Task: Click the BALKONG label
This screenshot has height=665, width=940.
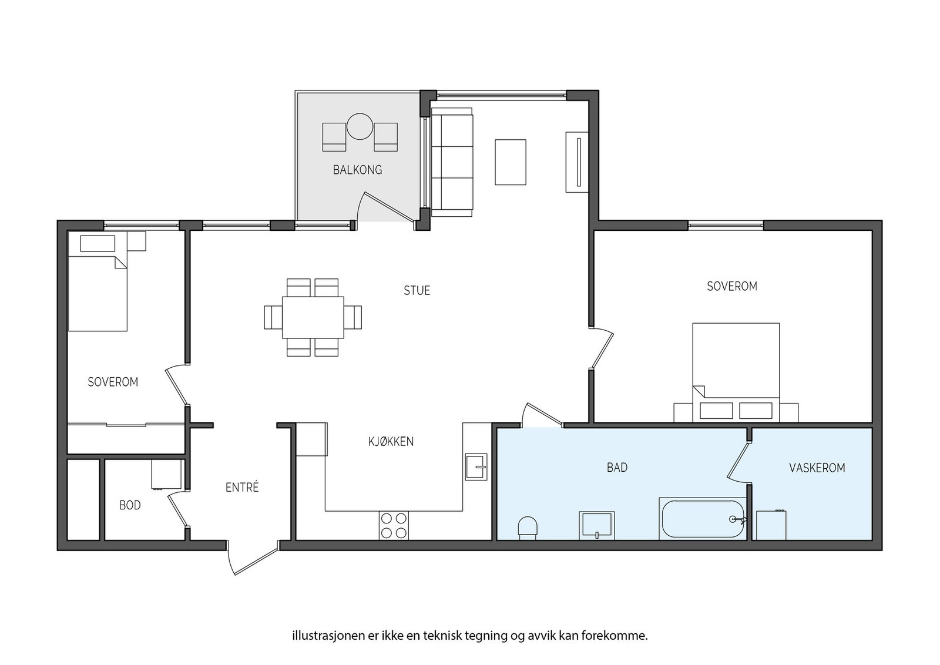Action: pyautogui.click(x=358, y=170)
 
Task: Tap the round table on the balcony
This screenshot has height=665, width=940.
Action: pyautogui.click(x=360, y=126)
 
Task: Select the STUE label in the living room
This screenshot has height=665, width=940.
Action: pyautogui.click(x=417, y=290)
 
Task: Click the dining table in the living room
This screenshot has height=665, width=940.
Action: pyautogui.click(x=313, y=317)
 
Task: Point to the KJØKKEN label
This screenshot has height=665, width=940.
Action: pyautogui.click(x=391, y=441)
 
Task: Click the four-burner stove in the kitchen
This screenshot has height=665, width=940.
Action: pyautogui.click(x=394, y=525)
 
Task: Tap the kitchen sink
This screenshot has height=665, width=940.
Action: pyautogui.click(x=476, y=466)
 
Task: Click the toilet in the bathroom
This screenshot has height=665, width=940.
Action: pyautogui.click(x=528, y=528)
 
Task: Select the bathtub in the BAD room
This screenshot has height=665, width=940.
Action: pyautogui.click(x=703, y=519)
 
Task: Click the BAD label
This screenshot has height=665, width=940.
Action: pyautogui.click(x=617, y=468)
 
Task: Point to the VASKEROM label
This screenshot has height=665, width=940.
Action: pyautogui.click(x=817, y=468)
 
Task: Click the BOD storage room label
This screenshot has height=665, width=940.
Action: pyautogui.click(x=130, y=505)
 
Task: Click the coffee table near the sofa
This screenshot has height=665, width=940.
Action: pyautogui.click(x=511, y=162)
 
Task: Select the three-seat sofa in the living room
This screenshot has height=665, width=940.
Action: pyautogui.click(x=452, y=162)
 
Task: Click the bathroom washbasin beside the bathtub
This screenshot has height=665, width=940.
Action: pyautogui.click(x=597, y=525)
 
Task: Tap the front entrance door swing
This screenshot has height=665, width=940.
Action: pyautogui.click(x=253, y=560)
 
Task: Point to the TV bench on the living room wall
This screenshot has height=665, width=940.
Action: pyautogui.click(x=576, y=162)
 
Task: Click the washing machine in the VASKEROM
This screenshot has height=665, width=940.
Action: pyautogui.click(x=771, y=525)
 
